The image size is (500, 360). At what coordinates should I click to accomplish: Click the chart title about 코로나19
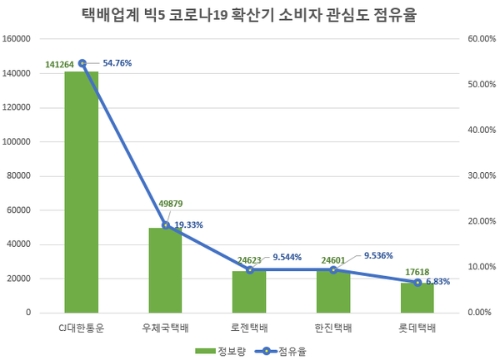point(250,15)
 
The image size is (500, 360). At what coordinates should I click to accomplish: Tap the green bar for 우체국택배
point(166,270)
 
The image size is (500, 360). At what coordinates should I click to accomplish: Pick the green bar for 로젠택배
point(249,291)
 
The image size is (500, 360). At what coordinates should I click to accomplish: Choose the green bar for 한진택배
point(333,291)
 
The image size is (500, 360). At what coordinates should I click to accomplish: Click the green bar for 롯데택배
point(417,297)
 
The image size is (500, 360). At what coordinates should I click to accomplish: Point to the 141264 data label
point(61,64)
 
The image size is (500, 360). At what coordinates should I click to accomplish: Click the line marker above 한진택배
point(333,269)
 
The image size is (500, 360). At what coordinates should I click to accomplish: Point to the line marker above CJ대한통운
point(82,63)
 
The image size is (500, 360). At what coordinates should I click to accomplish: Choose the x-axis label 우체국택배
point(166,327)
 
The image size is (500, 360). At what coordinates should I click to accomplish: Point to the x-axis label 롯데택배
point(417,327)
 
